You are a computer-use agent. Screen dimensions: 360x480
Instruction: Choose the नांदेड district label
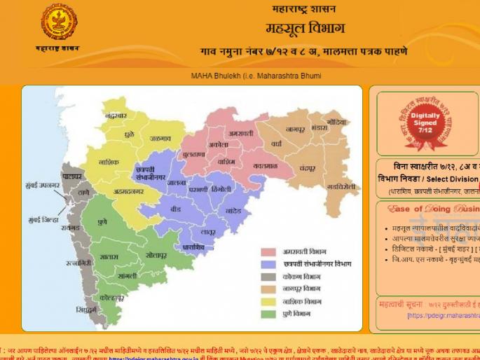(233, 209)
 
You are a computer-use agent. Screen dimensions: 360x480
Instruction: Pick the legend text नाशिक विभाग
(306, 301)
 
